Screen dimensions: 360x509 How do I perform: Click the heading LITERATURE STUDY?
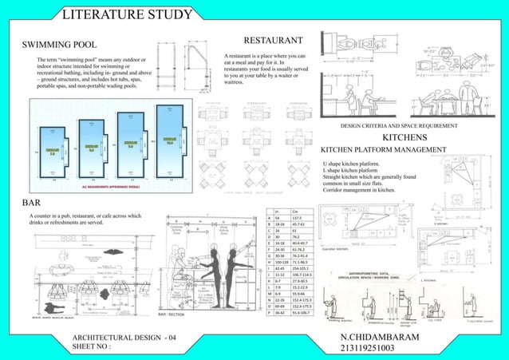pyautogui.click(x=127, y=14)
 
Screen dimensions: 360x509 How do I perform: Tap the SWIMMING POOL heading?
pyautogui.click(x=60, y=44)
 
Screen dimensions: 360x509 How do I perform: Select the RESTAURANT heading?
pyautogui.click(x=272, y=39)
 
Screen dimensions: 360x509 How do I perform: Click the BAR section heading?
pyautogui.click(x=30, y=203)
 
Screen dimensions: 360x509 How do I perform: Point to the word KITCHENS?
pyautogui.click(x=407, y=137)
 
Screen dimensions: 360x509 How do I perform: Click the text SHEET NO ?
pyautogui.click(x=91, y=347)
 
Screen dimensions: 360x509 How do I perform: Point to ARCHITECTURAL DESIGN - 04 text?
pyautogui.click(x=122, y=338)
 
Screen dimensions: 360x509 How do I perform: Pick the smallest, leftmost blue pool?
pyautogui.click(x=56, y=149)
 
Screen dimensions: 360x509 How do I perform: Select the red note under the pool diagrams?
pyautogui.click(x=112, y=184)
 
